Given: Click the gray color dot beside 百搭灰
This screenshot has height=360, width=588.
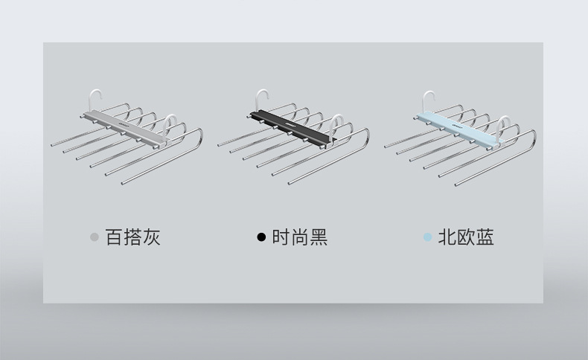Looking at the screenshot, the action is tap(94, 237).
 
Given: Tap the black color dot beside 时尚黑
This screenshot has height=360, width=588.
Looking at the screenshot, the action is tap(261, 237).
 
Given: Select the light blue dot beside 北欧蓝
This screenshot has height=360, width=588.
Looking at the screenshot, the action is tap(427, 237).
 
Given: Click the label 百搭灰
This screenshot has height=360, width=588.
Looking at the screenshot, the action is tap(132, 237).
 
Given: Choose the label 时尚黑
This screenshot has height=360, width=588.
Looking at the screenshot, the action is tap(299, 237).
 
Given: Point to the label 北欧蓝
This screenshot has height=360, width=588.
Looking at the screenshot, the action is tap(466, 237).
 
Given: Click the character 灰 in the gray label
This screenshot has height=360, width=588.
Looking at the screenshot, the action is tap(151, 237).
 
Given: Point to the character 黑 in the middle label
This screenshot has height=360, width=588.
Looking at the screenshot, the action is tap(318, 237).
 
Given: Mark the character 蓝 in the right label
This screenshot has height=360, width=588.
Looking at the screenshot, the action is tap(485, 237).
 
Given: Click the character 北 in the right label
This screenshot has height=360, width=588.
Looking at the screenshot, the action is tap(447, 237).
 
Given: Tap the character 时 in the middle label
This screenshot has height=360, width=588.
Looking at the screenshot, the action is tap(281, 237).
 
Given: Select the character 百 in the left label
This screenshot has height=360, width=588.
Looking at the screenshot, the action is tap(114, 237).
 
